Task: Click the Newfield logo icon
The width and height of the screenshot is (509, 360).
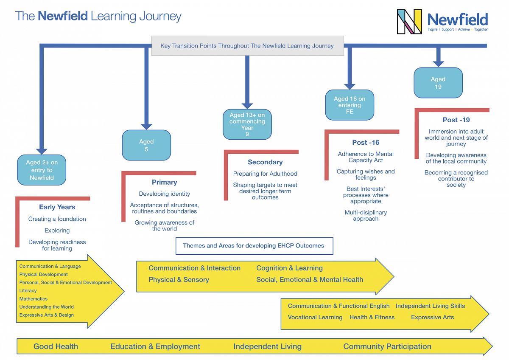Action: tap(409, 22)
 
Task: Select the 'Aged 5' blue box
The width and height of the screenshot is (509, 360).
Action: tap(146, 145)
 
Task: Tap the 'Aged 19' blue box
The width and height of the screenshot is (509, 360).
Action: tap(438, 83)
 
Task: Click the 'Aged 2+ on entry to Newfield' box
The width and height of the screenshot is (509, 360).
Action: tap(42, 170)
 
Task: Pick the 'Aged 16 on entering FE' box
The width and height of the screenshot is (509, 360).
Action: tap(350, 105)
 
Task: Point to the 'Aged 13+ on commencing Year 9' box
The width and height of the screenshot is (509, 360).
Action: tap(247, 124)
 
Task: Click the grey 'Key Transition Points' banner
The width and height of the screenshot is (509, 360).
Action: tap(247, 46)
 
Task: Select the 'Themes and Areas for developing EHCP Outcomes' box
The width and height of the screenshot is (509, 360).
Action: tap(254, 246)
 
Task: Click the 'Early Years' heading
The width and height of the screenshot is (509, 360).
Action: tap(57, 207)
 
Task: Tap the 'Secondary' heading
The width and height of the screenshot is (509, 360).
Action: tap(265, 162)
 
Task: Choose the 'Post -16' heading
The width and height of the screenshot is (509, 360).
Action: tap(366, 143)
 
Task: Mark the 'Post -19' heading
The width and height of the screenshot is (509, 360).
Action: tap(456, 120)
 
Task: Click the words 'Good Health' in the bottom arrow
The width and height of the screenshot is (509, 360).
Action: tap(56, 346)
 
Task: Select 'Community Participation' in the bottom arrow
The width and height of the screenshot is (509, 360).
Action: tap(387, 346)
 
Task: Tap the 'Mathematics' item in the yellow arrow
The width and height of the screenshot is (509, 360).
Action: tap(34, 299)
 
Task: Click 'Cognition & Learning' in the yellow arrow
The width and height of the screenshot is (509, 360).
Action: tap(289, 268)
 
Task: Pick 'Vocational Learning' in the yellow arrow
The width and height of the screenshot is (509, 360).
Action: tap(315, 318)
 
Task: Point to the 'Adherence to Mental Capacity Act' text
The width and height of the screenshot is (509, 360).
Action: tap(366, 157)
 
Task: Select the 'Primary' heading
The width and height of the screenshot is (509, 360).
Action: tap(165, 183)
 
